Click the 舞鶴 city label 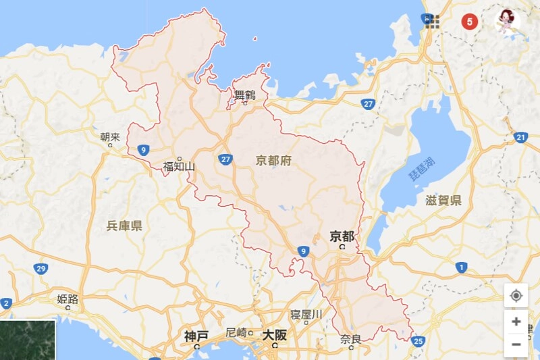coord(245,95)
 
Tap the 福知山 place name coord(179,167)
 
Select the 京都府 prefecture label coord(273,160)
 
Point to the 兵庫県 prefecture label coord(124,226)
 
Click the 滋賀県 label coord(443,200)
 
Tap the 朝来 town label coord(110,137)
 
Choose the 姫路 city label coord(67,298)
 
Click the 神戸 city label coord(196,335)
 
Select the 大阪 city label coord(275,334)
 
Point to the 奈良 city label coord(350,338)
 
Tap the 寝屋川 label coord(306,314)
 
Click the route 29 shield coord(41,269)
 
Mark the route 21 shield coord(520,138)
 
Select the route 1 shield coord(461,268)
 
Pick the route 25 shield coord(418,341)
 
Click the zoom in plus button coord(516,322)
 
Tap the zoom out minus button coord(516,344)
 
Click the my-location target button coord(516,296)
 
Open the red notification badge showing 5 coord(470,21)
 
